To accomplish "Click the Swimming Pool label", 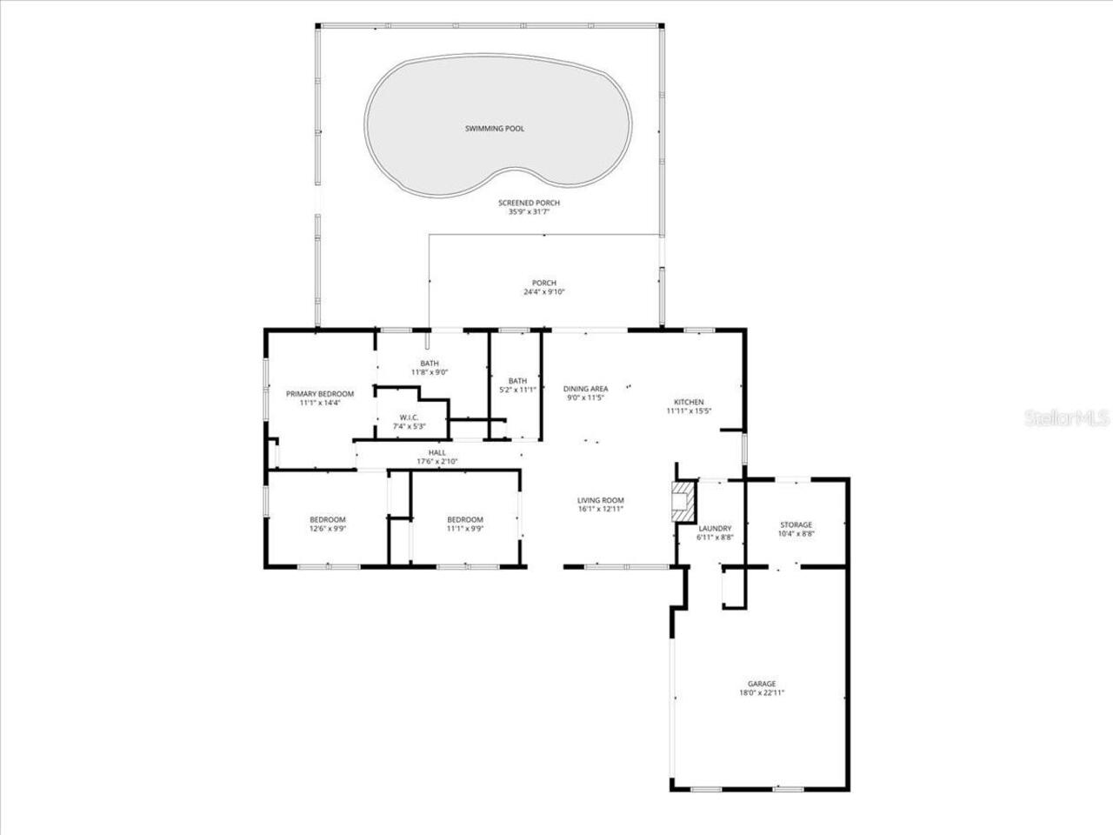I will [x=494, y=129].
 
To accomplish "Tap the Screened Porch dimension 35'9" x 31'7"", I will [x=523, y=211].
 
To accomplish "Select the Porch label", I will [x=544, y=283].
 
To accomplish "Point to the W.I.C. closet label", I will [x=410, y=417].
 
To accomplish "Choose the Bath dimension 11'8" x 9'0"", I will [x=430, y=372].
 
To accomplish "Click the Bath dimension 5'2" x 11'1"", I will [x=517, y=390].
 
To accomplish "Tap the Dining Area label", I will [x=585, y=389].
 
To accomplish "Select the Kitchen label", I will [x=690, y=402].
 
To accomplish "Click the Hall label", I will [x=437, y=452].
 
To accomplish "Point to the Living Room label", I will [x=601, y=500].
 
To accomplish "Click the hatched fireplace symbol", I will [x=683, y=501].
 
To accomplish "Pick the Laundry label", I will [x=715, y=528].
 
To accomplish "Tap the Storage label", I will [x=796, y=524].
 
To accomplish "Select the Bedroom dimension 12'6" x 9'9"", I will [x=328, y=528].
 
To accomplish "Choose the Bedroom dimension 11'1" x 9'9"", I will [x=465, y=528].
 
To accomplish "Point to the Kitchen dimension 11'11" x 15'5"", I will [x=690, y=411].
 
